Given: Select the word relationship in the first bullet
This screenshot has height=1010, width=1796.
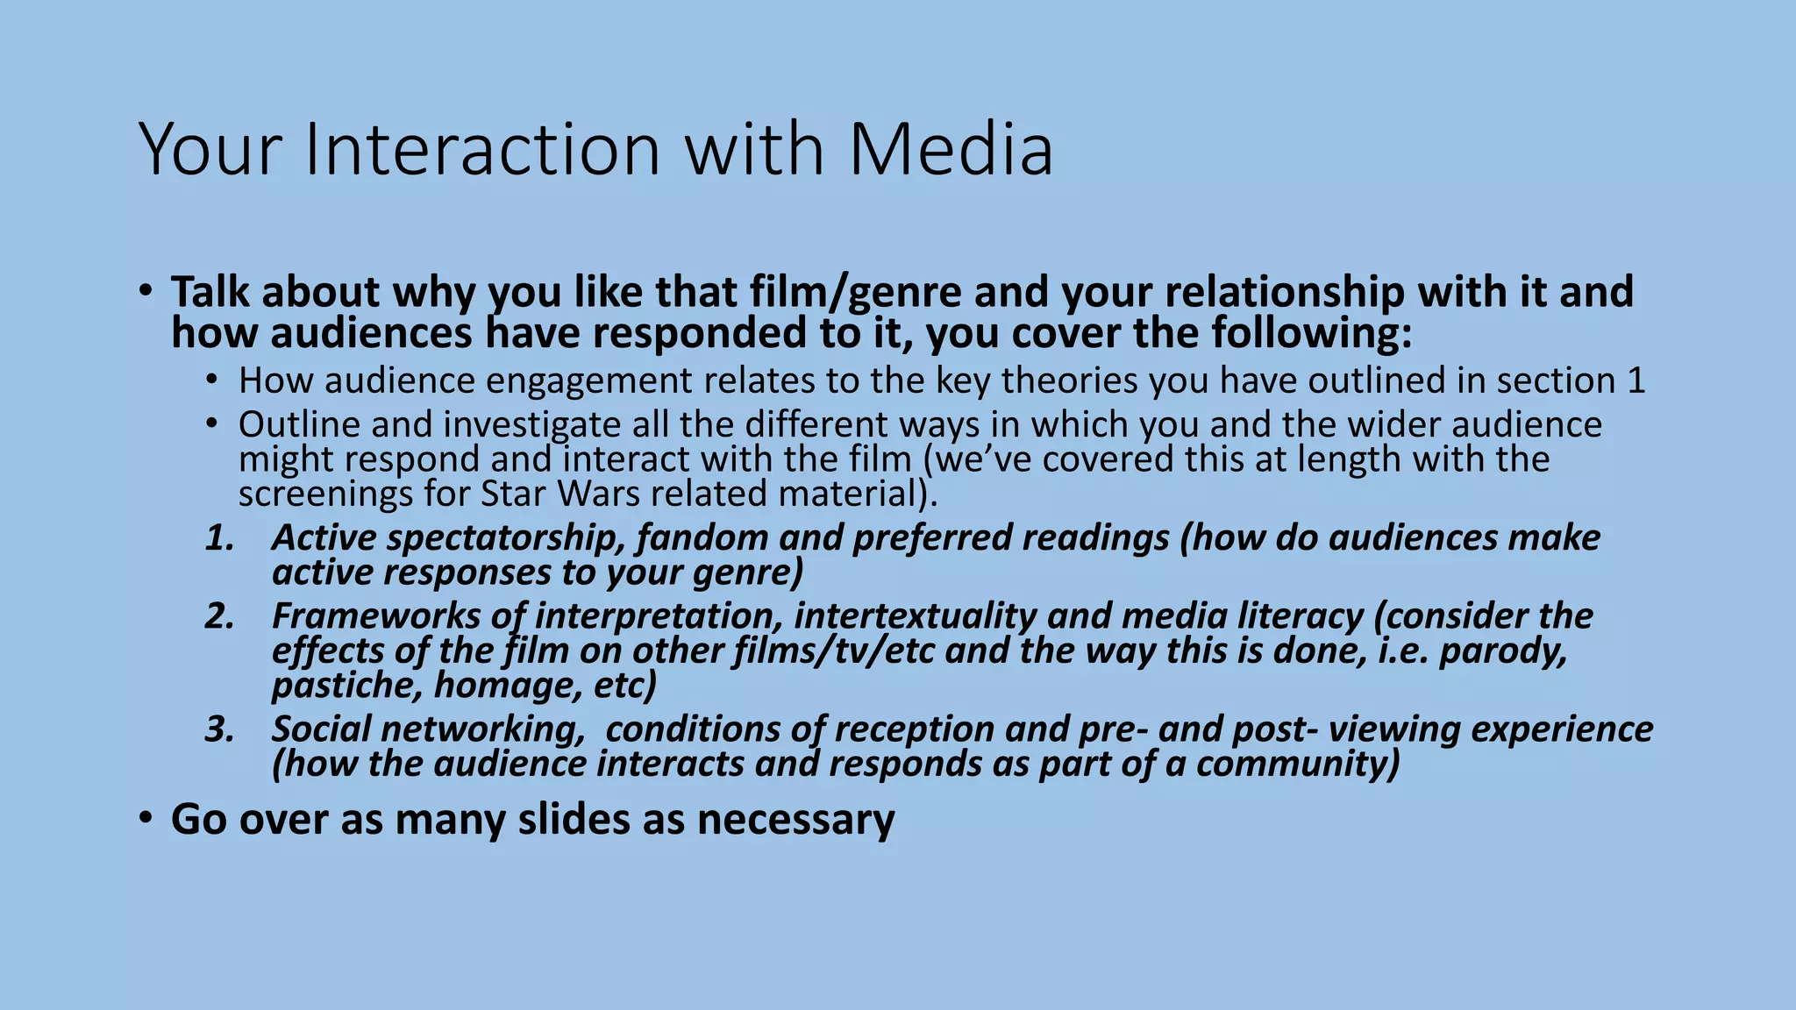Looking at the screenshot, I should pos(1233,292).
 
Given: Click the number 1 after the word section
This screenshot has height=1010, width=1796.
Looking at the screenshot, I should pos(1636,381).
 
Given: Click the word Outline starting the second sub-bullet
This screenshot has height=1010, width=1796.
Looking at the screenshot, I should pos(298,424).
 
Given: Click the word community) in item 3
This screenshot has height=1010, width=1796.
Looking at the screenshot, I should pos(1298,765).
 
